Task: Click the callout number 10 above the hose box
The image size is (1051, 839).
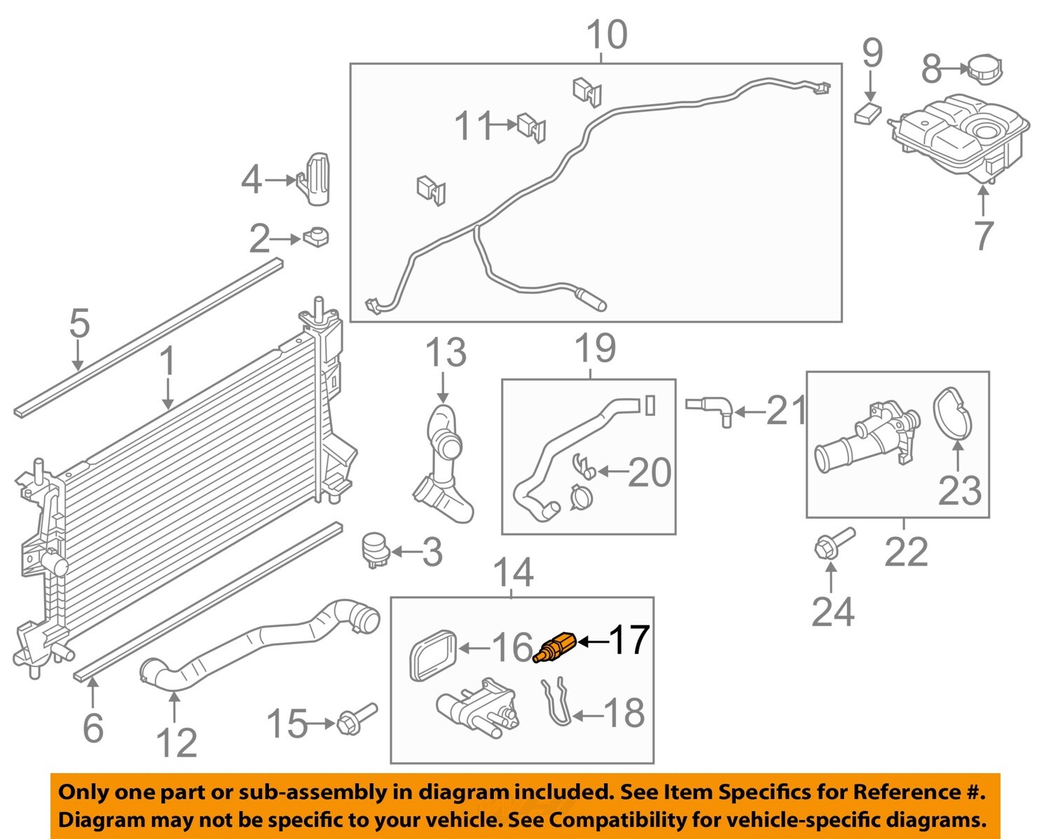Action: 607,35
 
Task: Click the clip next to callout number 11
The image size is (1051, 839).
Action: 532,128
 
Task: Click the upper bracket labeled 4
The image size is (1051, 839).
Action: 317,179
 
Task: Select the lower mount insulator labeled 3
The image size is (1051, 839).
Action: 375,550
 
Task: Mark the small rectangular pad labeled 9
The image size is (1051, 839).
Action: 869,113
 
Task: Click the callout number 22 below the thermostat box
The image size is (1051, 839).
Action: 906,552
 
